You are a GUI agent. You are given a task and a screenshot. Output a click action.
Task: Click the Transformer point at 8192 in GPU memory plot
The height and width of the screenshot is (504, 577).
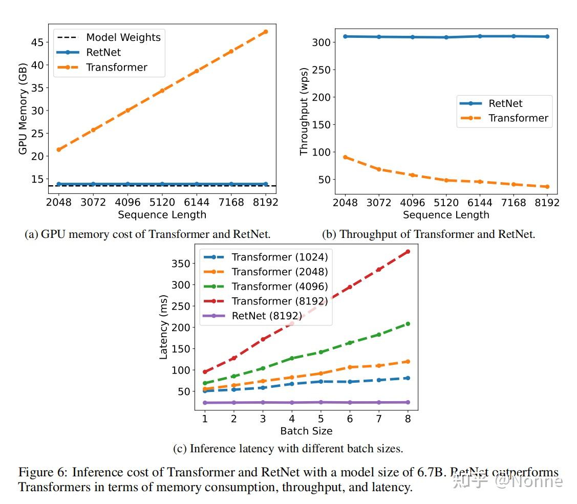(x=265, y=32)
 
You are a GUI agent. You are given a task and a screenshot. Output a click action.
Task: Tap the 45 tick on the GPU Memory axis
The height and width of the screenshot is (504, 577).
(x=37, y=42)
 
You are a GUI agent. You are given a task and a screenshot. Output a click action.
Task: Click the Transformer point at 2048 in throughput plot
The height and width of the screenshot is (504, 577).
(x=346, y=157)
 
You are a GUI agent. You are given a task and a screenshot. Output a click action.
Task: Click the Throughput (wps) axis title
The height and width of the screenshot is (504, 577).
(x=304, y=111)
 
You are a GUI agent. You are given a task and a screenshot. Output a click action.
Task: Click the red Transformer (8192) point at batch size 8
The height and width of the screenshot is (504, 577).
(x=408, y=251)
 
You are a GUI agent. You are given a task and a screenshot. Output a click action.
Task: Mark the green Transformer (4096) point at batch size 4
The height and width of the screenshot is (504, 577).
(x=292, y=358)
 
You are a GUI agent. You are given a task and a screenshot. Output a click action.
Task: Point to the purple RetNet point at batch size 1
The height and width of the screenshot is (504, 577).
(x=205, y=403)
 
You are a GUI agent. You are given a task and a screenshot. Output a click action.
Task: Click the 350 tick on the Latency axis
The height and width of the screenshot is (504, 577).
(x=183, y=264)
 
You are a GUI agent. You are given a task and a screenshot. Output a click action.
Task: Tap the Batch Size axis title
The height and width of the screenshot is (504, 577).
(x=306, y=431)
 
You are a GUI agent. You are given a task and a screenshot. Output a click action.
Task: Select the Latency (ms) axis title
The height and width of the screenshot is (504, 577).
(x=164, y=327)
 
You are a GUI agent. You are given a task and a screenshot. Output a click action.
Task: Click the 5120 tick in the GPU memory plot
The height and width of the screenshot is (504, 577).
(x=162, y=202)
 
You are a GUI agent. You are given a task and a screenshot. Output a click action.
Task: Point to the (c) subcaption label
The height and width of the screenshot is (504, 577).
(x=180, y=449)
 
